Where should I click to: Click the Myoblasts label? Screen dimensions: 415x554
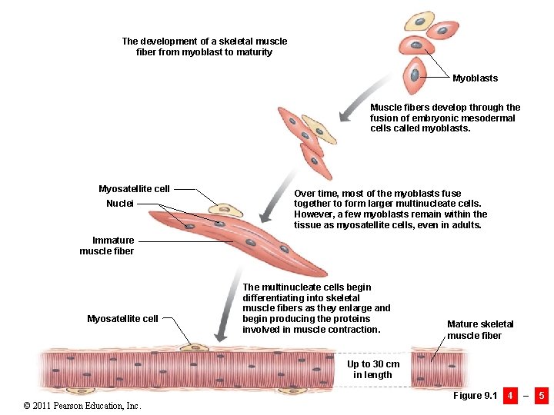[475, 78]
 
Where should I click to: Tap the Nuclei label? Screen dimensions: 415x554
[119, 204]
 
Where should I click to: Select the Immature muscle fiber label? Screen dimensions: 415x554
[107, 246]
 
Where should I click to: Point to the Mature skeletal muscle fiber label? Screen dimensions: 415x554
[480, 330]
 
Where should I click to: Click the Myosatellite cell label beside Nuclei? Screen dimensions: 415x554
[134, 189]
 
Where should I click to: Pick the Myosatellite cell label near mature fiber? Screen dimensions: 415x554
[122, 319]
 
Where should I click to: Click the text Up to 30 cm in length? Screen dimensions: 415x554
[373, 370]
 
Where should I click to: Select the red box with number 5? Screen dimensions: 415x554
[542, 396]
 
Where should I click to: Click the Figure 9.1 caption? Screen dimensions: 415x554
[475, 396]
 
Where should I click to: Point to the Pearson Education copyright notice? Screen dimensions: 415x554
[82, 405]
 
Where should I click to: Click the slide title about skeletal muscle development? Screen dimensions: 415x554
[204, 47]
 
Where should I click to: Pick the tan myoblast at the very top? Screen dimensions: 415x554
[419, 20]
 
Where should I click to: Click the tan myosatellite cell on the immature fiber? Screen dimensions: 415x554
[225, 209]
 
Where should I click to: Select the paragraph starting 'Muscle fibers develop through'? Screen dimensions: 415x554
[445, 118]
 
